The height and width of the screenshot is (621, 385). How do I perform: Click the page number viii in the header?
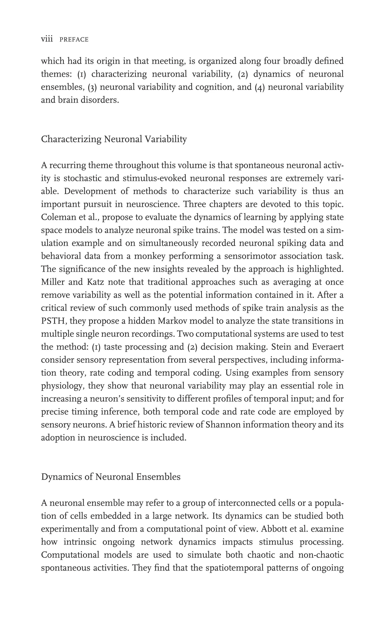pos(47,39)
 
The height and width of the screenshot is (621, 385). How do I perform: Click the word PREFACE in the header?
pos(74,40)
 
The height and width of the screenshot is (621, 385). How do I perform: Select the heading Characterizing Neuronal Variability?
pos(114,139)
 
